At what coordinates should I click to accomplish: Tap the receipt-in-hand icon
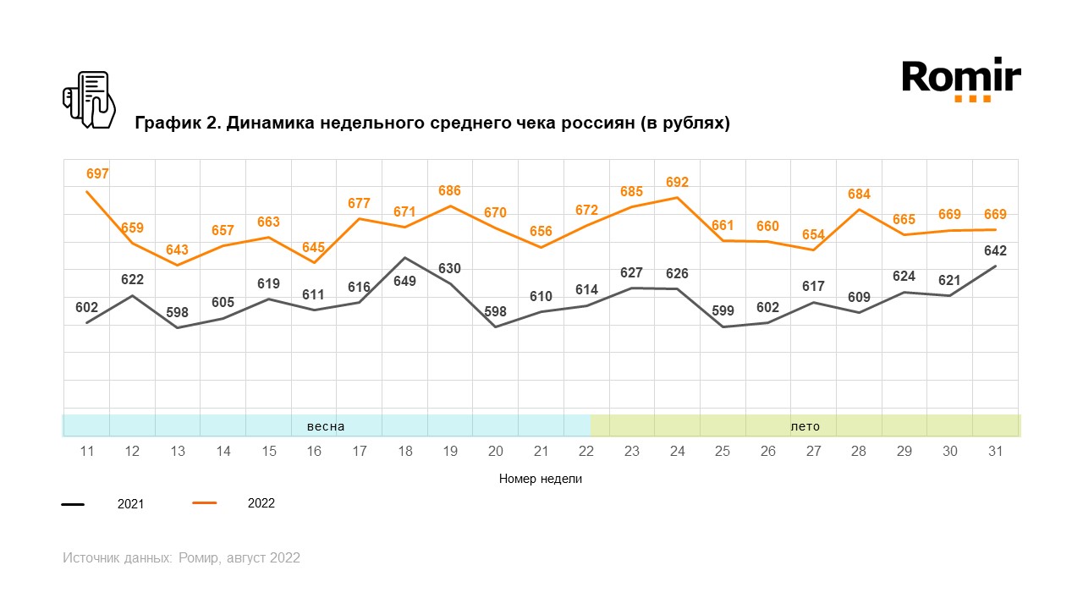click(x=89, y=100)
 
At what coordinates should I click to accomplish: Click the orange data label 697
click(x=98, y=174)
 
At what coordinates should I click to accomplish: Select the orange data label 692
click(x=677, y=183)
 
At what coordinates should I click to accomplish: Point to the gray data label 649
click(x=405, y=281)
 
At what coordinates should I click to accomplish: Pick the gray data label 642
click(x=995, y=250)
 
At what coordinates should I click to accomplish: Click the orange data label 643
click(x=177, y=250)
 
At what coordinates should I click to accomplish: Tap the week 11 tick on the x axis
click(x=86, y=452)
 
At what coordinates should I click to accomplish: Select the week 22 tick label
click(x=586, y=452)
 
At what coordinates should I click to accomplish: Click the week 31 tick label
click(x=995, y=452)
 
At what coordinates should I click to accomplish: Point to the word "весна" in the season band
click(x=326, y=426)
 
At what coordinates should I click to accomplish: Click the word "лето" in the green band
click(x=805, y=426)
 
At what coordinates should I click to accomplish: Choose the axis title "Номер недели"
click(x=541, y=479)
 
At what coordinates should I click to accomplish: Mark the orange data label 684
click(x=859, y=195)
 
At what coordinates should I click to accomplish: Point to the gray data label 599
click(x=722, y=310)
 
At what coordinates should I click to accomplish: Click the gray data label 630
click(x=450, y=269)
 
